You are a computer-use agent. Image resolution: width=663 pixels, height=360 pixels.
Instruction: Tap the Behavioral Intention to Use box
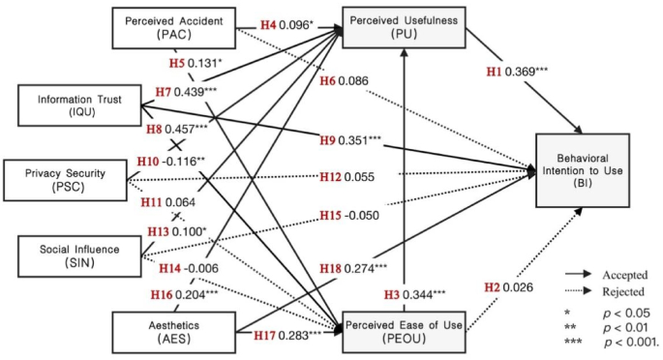pyautogui.click(x=592, y=168)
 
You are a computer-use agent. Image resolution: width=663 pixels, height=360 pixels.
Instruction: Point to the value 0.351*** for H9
pyautogui.click(x=363, y=140)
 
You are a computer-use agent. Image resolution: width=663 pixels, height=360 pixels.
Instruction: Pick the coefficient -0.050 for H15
pyautogui.click(x=364, y=215)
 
